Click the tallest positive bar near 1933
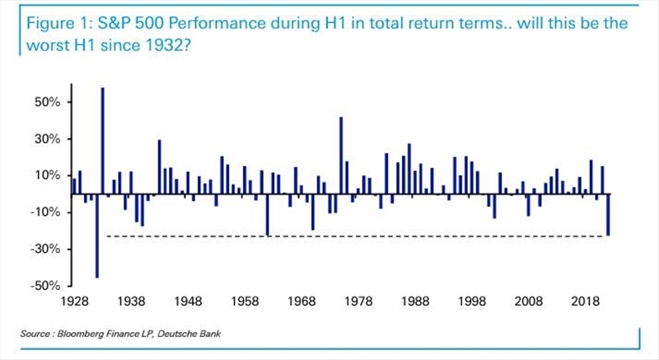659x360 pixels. (103, 140)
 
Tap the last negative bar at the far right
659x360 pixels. (608, 215)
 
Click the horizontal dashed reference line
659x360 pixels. (354, 237)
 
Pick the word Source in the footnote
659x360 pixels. (35, 333)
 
